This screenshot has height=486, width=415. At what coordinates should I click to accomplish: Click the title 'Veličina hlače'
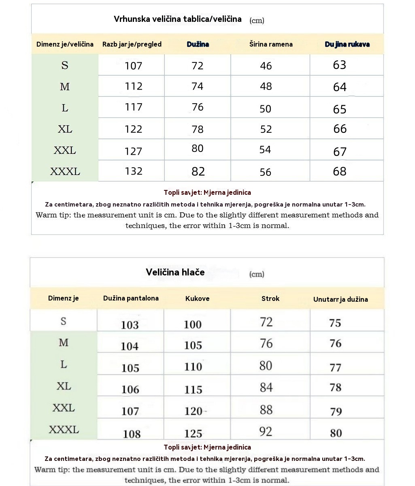click(175, 272)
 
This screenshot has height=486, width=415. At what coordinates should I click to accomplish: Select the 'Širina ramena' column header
click(271, 44)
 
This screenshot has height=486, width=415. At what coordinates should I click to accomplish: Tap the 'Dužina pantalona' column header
click(131, 298)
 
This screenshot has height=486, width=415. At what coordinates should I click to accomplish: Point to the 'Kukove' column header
click(197, 298)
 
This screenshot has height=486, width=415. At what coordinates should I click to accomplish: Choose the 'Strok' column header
click(270, 298)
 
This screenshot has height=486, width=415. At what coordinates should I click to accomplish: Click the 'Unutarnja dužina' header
click(341, 299)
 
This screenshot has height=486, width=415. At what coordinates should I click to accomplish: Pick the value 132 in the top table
click(134, 171)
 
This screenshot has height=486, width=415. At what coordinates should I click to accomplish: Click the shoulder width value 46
click(266, 66)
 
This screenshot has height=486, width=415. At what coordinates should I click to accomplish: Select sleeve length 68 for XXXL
click(340, 171)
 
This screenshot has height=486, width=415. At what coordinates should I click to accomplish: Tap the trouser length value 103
click(130, 325)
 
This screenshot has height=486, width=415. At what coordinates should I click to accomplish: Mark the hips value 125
click(193, 433)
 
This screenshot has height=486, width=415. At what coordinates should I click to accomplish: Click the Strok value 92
click(266, 431)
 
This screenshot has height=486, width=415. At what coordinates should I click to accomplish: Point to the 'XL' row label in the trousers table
click(64, 386)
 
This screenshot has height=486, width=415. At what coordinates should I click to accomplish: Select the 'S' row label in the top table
click(65, 65)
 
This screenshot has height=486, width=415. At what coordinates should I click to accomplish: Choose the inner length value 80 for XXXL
click(336, 433)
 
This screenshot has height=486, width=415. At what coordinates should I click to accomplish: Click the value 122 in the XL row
click(134, 129)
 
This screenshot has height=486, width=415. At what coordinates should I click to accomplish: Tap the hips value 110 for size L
click(193, 367)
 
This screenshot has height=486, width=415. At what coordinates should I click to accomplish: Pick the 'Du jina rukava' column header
click(347, 44)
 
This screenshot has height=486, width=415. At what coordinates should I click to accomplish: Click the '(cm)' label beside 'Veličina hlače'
click(257, 274)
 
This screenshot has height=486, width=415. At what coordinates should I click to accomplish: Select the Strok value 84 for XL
click(266, 388)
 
